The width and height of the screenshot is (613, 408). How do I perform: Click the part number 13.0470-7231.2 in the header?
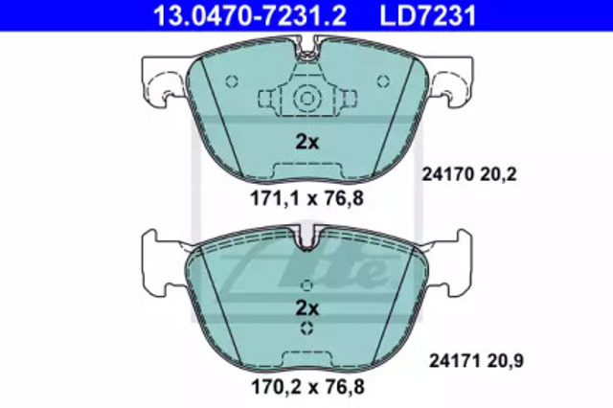[249, 15]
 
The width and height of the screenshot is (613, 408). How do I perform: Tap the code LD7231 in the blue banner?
[428, 15]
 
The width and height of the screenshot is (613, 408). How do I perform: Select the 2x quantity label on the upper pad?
[306, 142]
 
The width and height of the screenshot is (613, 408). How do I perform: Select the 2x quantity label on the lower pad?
[306, 308]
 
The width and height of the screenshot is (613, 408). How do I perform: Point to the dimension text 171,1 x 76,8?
[306, 198]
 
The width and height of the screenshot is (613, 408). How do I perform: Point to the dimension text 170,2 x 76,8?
[307, 387]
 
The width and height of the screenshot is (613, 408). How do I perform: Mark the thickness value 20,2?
[498, 174]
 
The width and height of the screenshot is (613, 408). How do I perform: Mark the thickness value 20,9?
[506, 361]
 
